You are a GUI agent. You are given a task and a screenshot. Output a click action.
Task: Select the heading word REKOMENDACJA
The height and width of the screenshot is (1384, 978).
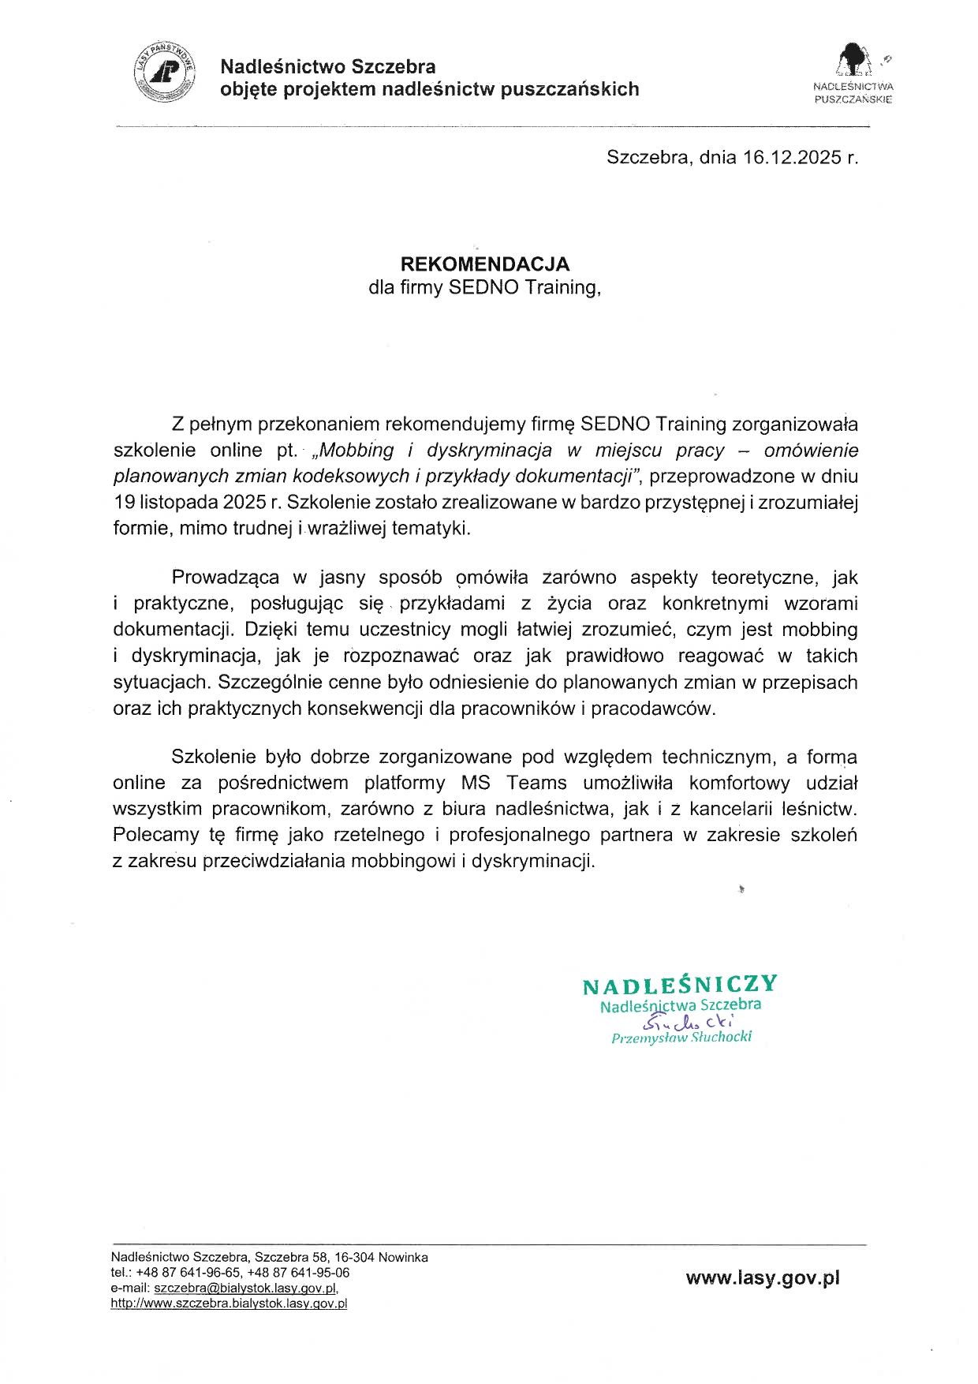[x=484, y=264]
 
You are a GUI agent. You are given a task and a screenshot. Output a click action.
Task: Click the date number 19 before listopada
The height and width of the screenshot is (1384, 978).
[x=125, y=503]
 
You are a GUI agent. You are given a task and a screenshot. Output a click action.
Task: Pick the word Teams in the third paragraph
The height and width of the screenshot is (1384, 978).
[x=536, y=783]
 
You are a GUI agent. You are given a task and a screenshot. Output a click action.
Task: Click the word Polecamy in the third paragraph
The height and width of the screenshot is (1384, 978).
[x=156, y=835]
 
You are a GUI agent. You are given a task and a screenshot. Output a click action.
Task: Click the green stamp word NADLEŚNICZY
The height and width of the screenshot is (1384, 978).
[x=680, y=986]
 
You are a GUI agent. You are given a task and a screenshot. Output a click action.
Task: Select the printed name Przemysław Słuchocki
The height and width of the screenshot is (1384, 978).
[x=681, y=1038]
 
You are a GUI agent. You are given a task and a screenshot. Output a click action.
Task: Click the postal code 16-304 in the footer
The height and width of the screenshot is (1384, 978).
[x=354, y=1257]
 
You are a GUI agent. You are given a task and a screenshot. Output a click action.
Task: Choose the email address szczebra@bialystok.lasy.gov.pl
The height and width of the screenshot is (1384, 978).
[x=246, y=1288]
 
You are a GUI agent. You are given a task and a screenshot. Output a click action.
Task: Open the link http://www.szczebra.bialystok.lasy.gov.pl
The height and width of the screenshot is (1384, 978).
[x=229, y=1304]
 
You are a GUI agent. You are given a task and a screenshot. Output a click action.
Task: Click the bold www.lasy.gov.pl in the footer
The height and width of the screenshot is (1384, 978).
[x=763, y=1278]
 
